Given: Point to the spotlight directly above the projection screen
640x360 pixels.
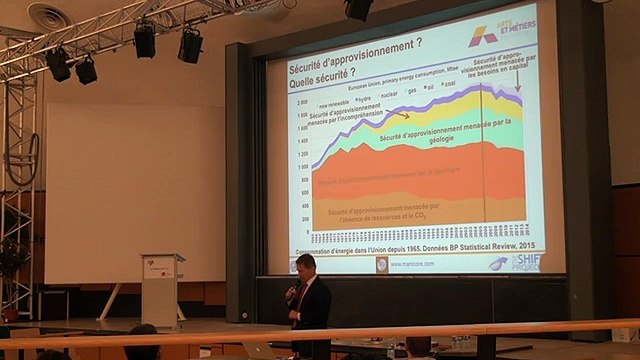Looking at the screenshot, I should pyautogui.click(x=358, y=9).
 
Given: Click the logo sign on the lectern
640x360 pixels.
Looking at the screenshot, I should pyautogui.click(x=158, y=268).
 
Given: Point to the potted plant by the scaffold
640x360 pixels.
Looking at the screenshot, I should pyautogui.click(x=12, y=262).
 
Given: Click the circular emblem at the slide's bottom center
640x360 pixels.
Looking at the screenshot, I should pyautogui.click(x=381, y=265).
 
